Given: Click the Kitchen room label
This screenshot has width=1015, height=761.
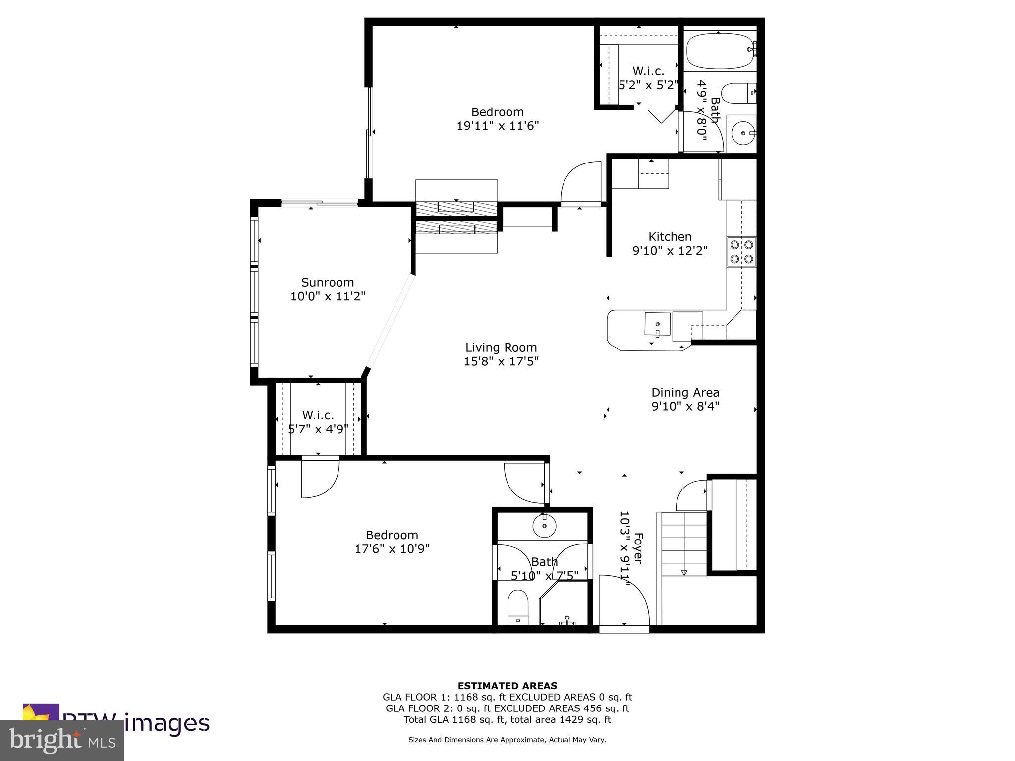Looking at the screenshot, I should coord(670,237).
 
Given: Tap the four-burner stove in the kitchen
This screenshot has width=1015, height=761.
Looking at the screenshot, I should coord(741,251).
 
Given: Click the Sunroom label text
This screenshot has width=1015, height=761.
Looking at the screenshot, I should coord(328,282).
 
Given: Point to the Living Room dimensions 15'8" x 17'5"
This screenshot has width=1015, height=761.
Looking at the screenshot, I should coord(501,361).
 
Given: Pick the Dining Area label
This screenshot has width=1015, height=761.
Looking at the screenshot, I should coord(685,393).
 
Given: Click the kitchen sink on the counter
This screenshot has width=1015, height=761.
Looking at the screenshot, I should coord(657,325).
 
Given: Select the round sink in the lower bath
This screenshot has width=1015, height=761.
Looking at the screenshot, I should coord(544,526).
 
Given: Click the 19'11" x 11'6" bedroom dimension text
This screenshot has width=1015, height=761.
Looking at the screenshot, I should coord(497,126).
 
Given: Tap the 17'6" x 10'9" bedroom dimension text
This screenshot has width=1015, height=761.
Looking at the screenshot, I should coord(392,549).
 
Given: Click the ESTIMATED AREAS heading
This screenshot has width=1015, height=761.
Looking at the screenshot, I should coord(507,686).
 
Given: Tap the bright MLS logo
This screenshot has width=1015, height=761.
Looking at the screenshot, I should coord(62,741).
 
